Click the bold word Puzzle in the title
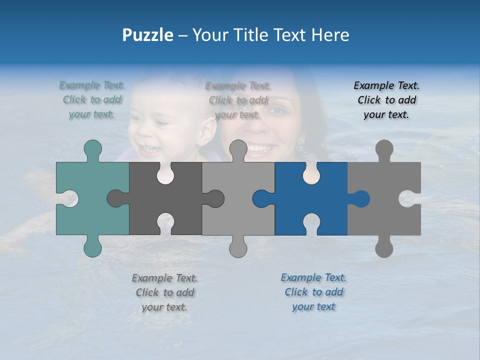(147, 35)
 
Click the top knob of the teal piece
(92, 149)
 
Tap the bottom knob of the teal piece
(92, 247)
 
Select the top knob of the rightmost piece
(384, 149)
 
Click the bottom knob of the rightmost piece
(384, 247)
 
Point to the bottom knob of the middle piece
(238, 247)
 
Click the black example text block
(386, 100)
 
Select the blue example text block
(313, 292)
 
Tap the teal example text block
(92, 100)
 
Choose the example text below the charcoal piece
(164, 292)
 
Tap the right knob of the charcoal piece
(215, 198)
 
